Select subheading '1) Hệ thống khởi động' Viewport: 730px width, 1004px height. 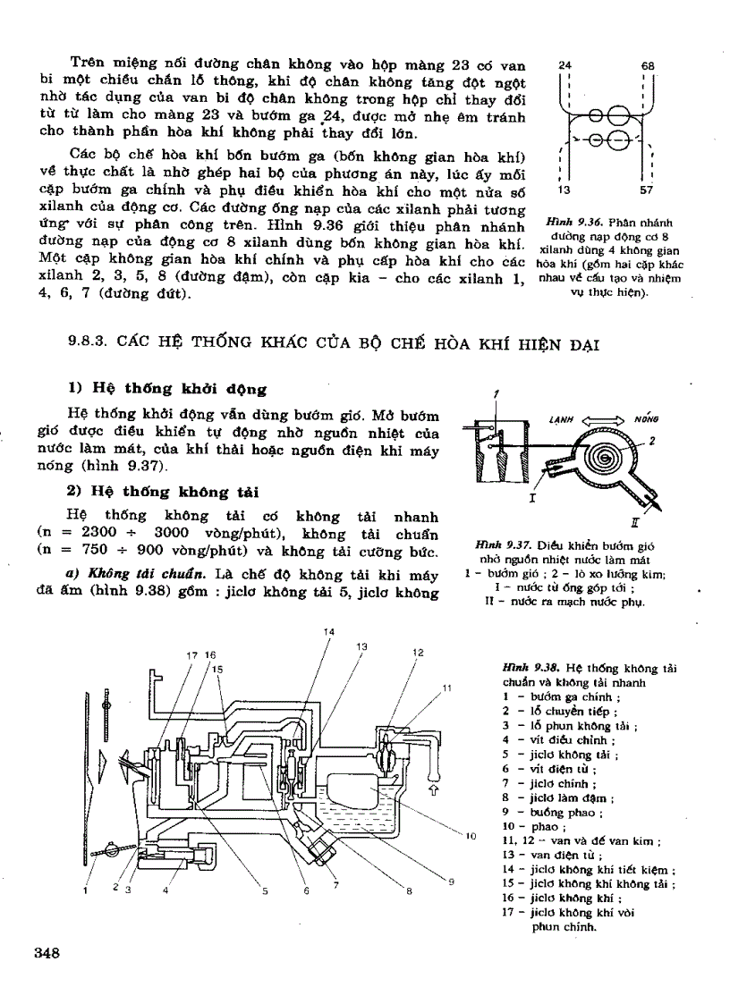coord(167,389)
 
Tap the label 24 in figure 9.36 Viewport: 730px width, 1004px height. coord(564,66)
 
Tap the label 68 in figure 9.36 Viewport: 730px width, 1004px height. coord(649,66)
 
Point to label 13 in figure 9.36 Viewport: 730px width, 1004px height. coord(564,190)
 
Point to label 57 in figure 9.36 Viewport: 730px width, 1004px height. coord(647,190)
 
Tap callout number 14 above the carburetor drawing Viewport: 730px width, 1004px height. coord(328,632)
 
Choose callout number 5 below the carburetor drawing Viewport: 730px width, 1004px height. coord(265,890)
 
